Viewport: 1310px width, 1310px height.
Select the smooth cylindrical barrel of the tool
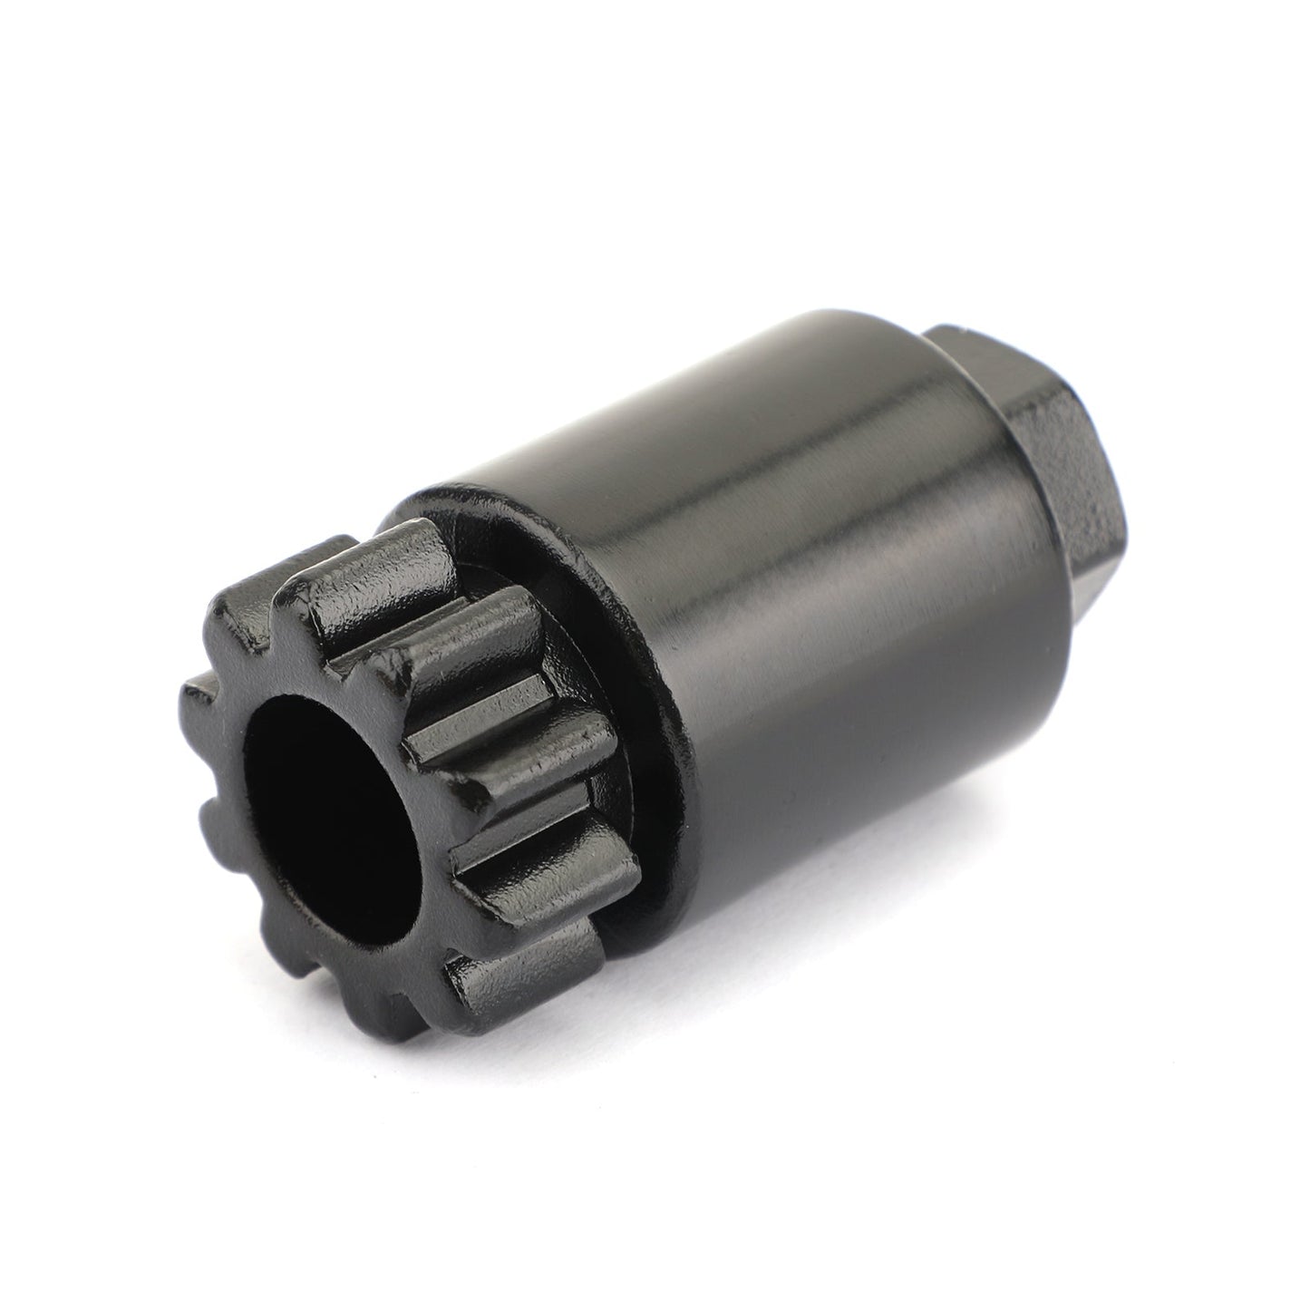coord(816,589)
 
